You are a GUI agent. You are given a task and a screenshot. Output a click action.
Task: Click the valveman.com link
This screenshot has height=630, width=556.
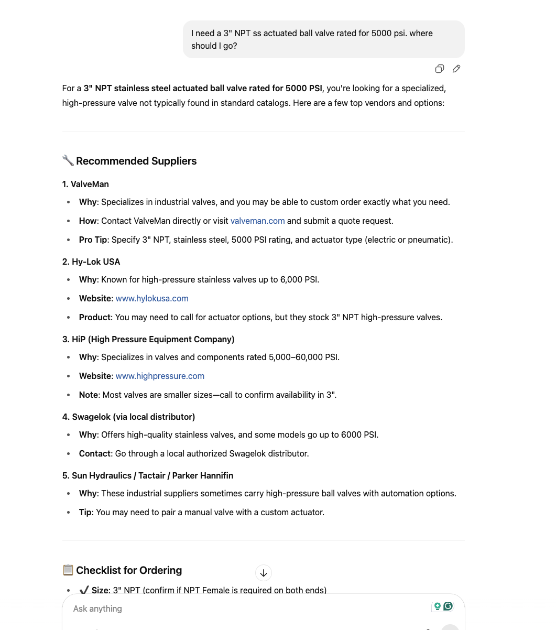pos(257,221)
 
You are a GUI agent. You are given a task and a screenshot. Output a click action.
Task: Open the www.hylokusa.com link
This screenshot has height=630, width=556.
pos(152,298)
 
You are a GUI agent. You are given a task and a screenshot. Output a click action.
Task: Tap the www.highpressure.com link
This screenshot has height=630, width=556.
pos(160,376)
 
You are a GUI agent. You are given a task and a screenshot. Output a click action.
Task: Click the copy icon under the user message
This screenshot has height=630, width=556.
pos(440,69)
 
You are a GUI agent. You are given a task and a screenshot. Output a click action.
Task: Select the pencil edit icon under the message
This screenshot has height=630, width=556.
pos(456,69)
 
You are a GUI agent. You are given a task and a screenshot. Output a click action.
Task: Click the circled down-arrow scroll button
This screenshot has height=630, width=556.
pos(264,573)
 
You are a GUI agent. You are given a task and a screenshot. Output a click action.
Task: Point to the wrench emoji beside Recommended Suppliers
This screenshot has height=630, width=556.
pos(68,160)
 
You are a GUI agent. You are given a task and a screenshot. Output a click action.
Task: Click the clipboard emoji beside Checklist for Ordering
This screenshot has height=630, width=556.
pos(68,570)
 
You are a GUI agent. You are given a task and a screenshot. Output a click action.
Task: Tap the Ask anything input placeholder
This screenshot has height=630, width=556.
pos(97,609)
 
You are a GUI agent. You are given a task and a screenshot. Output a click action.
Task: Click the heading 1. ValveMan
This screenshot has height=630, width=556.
pos(85,184)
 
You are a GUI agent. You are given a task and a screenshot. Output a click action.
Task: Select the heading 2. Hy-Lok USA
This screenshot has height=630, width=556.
pos(91,262)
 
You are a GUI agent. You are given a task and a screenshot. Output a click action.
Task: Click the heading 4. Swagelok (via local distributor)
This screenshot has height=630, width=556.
pos(128,417)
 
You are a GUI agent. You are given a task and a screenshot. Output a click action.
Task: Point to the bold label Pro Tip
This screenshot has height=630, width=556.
pos(93,240)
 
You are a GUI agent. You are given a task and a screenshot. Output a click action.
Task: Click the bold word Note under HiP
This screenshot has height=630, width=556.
pos(88,395)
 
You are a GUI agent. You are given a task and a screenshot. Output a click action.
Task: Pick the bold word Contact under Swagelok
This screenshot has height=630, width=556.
pos(94,453)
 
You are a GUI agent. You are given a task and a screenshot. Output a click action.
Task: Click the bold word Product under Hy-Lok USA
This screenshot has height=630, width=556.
pos(94,317)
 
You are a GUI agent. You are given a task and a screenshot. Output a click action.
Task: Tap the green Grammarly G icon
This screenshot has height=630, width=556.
pos(448,606)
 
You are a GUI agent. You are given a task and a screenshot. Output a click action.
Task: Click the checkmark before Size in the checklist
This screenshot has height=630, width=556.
pos(84,590)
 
